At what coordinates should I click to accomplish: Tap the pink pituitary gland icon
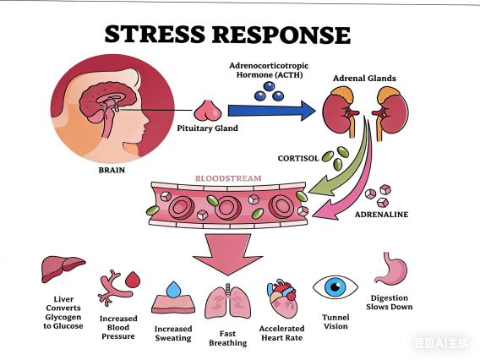click(207, 110)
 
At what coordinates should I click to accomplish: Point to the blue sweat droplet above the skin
click(173, 289)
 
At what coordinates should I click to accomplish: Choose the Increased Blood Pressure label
click(118, 328)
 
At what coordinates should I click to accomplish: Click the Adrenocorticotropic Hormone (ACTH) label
click(265, 70)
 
